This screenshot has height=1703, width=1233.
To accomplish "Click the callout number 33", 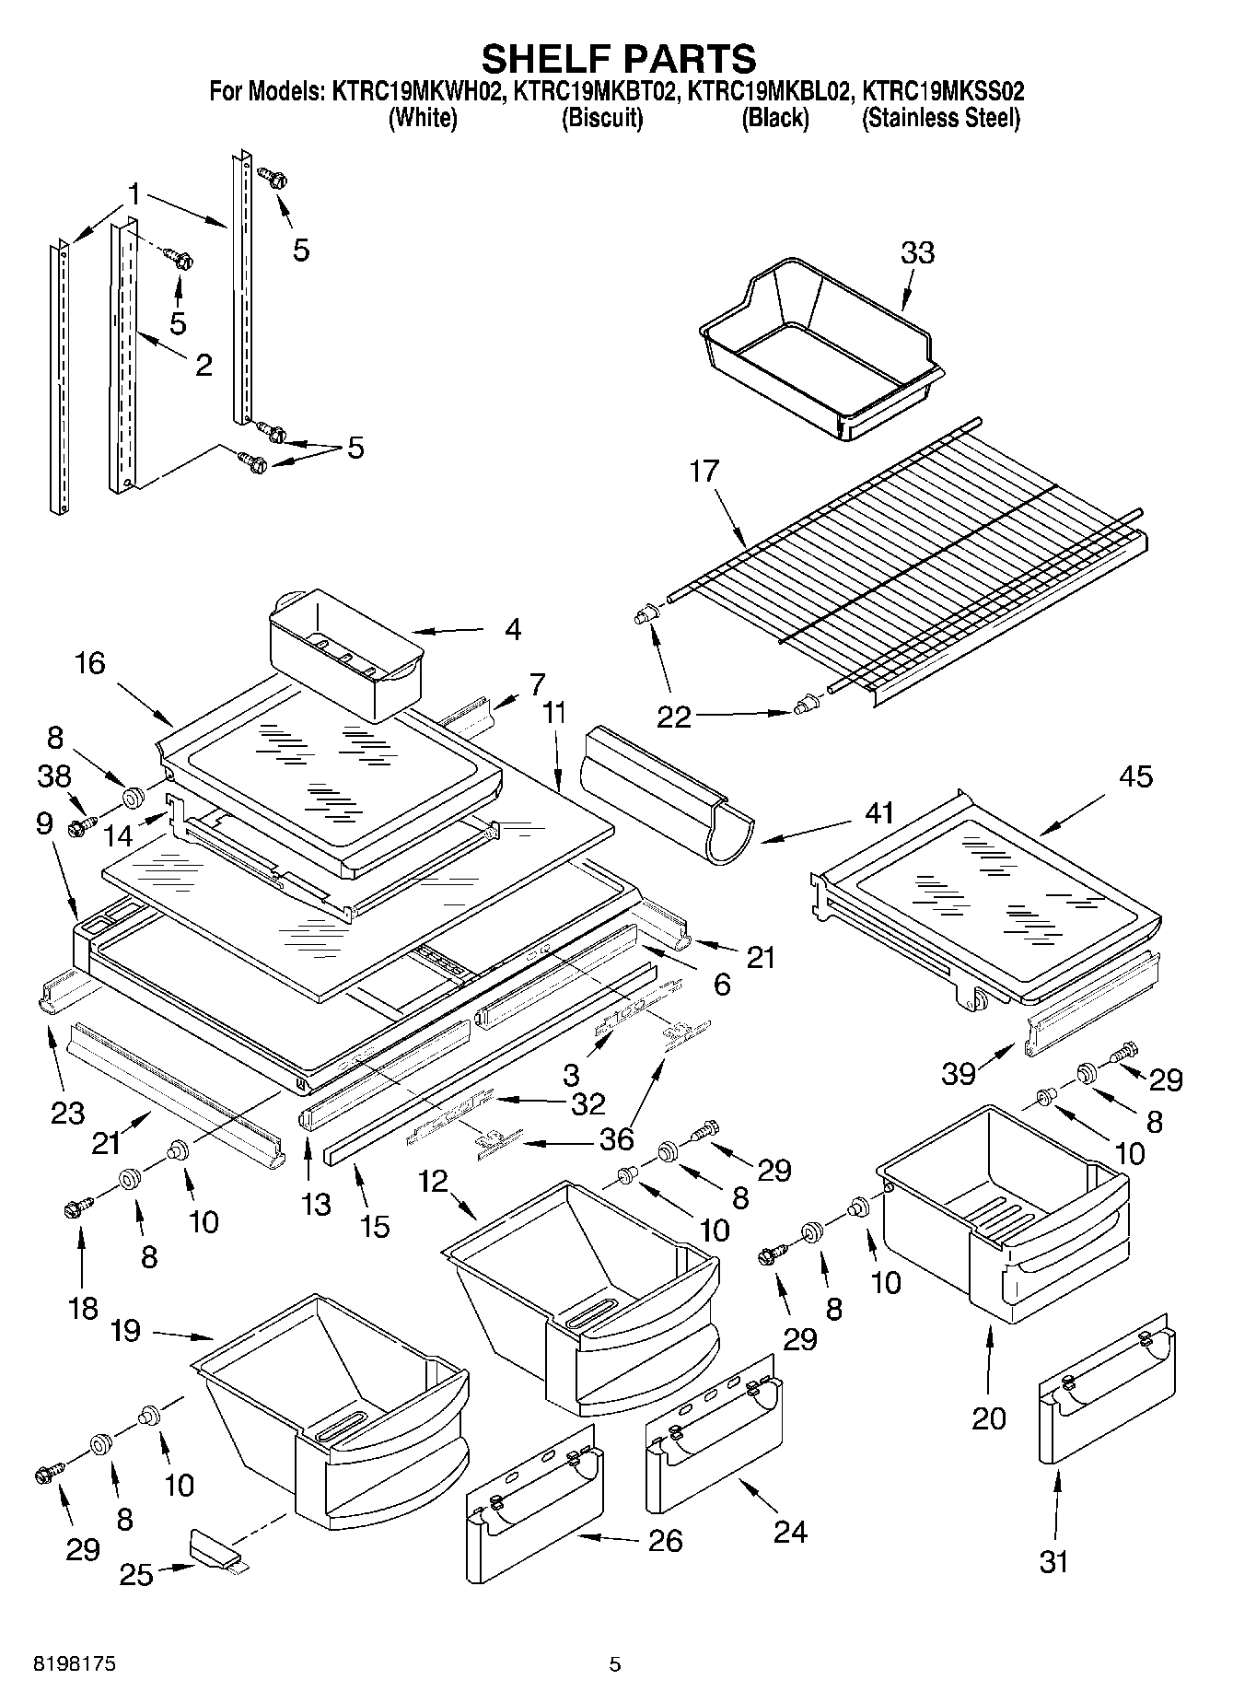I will click(917, 252).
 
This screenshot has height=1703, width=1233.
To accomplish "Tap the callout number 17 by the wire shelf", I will click(704, 472).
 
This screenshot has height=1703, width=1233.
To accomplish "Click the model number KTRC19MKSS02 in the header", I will click(942, 91).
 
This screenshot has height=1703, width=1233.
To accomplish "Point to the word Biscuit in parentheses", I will click(601, 118).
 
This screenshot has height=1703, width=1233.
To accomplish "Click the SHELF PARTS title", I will click(618, 58).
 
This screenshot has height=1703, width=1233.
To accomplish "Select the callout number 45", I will click(1134, 776).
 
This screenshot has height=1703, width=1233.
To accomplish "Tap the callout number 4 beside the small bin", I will click(512, 630).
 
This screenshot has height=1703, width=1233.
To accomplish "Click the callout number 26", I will click(666, 1540).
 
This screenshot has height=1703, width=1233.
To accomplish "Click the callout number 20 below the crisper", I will click(989, 1418).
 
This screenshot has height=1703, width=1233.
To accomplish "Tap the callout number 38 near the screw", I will click(55, 777).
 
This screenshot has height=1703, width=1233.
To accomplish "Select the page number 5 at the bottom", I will click(615, 1664).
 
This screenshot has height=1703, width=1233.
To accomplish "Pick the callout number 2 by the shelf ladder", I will click(204, 366).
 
